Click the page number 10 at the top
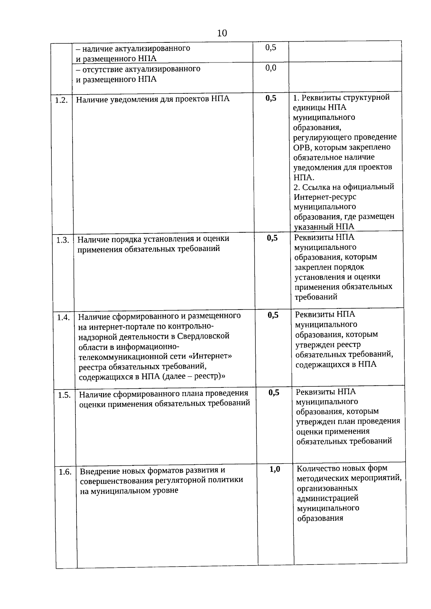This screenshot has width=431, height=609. point(222,33)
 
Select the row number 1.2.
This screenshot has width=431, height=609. point(61,100)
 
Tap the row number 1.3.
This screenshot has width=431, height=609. point(62,240)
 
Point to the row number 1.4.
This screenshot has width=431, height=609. point(63,317)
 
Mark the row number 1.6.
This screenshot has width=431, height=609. point(65,472)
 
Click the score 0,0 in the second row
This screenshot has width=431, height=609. point(271,68)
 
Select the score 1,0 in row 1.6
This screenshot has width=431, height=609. point(275,469)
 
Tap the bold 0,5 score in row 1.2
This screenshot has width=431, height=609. point(271,98)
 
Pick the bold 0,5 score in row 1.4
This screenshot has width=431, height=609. point(273,315)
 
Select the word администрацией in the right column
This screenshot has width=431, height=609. point(328,498)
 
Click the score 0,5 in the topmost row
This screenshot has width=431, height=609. point(271,47)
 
